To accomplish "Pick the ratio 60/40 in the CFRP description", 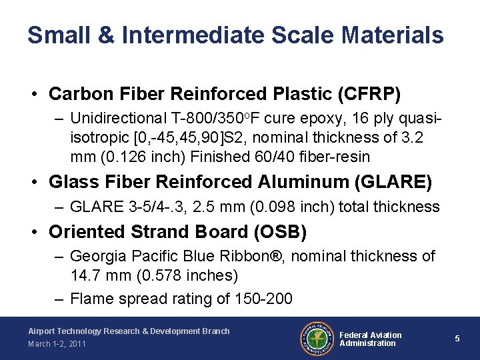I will (302, 157).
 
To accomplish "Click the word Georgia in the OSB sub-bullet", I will (95, 256).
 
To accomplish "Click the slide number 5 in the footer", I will (457, 339).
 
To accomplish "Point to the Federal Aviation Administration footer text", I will (371, 339).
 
